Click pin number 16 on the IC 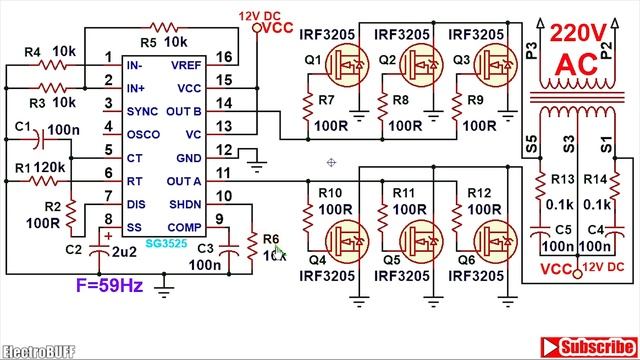225,56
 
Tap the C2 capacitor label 73,248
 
